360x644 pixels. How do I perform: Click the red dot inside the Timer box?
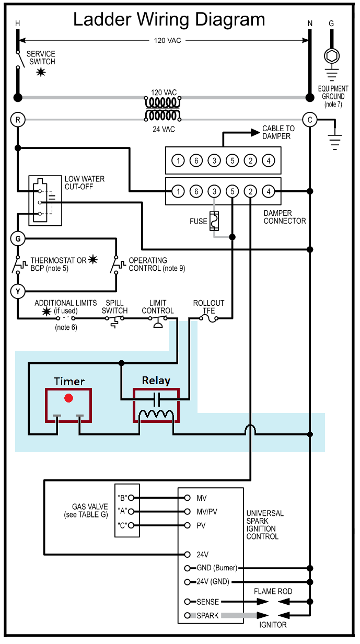[68, 398]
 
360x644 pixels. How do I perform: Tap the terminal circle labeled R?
[18, 120]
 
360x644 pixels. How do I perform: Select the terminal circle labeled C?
[310, 120]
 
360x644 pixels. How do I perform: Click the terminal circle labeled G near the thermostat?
[18, 239]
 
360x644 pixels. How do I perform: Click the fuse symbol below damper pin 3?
[214, 221]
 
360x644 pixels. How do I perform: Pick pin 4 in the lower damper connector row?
[268, 191]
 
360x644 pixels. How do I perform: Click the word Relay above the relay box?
[156, 381]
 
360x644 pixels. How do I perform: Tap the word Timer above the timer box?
[69, 382]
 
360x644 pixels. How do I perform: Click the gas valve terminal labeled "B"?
[131, 498]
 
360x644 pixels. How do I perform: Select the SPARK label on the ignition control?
[207, 616]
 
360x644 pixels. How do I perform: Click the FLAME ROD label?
[273, 592]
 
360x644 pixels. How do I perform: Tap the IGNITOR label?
[273, 625]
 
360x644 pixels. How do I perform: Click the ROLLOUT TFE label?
[208, 307]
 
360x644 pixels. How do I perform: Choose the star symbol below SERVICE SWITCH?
[41, 72]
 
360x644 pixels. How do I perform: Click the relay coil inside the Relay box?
[156, 415]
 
